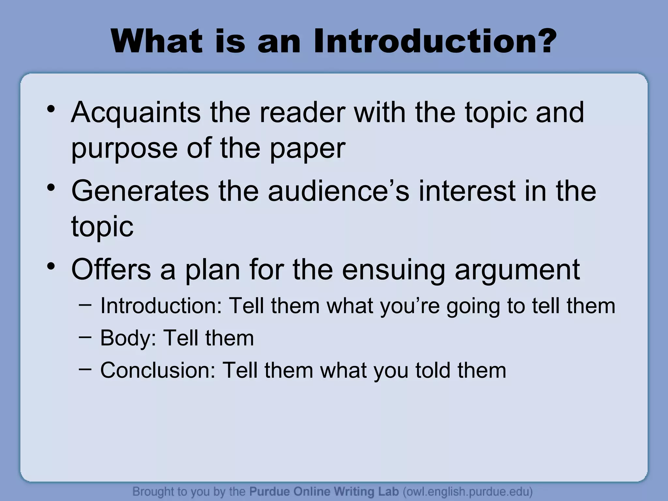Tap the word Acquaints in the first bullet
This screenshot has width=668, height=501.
(136, 113)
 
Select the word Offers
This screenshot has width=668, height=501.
(111, 269)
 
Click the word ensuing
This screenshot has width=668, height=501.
(393, 269)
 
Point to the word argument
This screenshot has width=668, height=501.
(517, 269)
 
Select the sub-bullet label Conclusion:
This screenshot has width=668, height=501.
(158, 370)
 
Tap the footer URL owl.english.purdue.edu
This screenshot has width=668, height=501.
(468, 491)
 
